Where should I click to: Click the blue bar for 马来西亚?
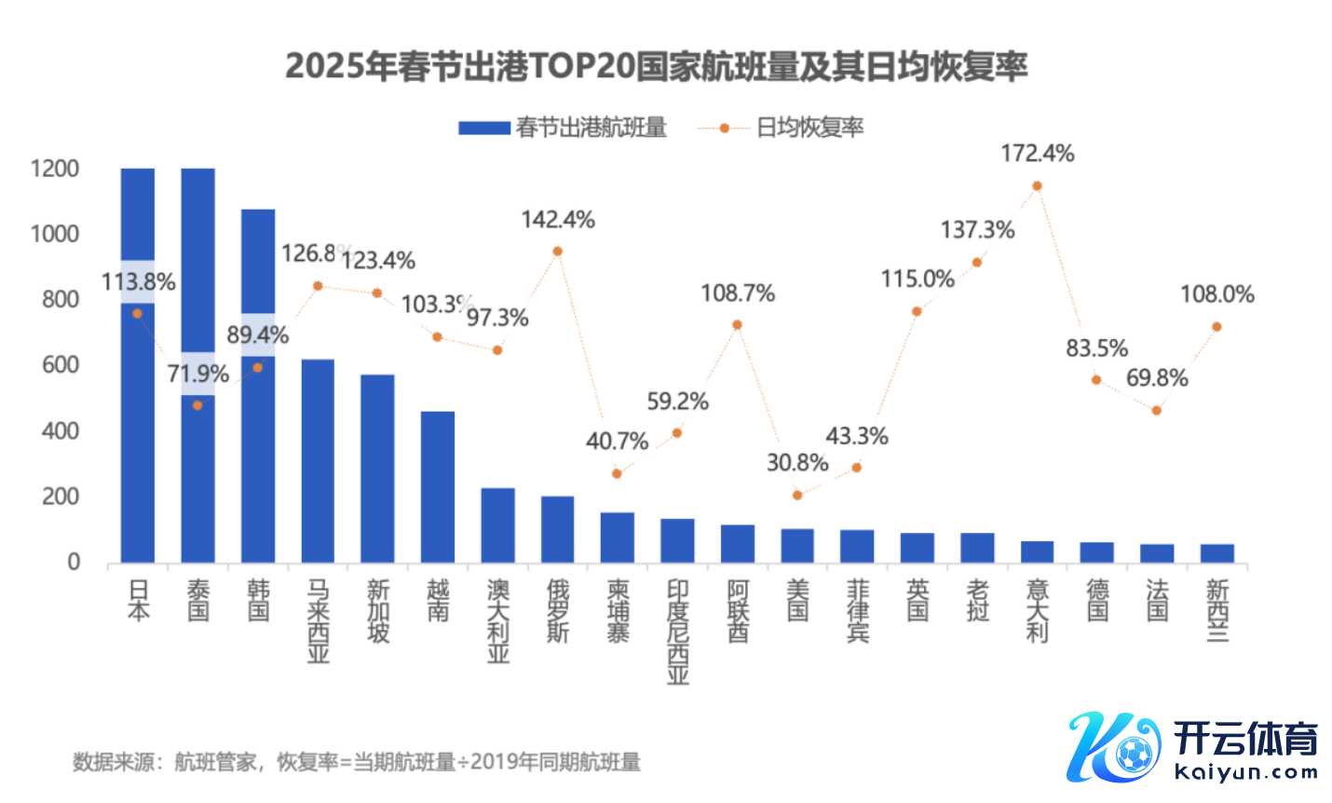point(318,461)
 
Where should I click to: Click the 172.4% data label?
point(1037,154)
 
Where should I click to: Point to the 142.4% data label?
point(557,220)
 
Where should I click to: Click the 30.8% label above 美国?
point(797,463)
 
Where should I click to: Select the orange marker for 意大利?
point(1037,186)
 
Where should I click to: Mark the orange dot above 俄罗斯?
point(557,252)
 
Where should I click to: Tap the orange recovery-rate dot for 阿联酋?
point(737,325)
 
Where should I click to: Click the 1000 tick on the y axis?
point(54,234)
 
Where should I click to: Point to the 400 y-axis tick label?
point(60,431)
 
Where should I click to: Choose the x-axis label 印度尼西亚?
point(677,632)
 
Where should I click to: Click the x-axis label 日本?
point(138,600)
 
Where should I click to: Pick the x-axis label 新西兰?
point(1216,610)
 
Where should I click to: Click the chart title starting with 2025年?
point(656,66)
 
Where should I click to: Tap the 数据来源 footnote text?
point(357,762)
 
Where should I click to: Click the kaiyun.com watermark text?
point(1246,771)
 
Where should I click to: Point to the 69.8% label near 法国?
point(1157,378)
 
